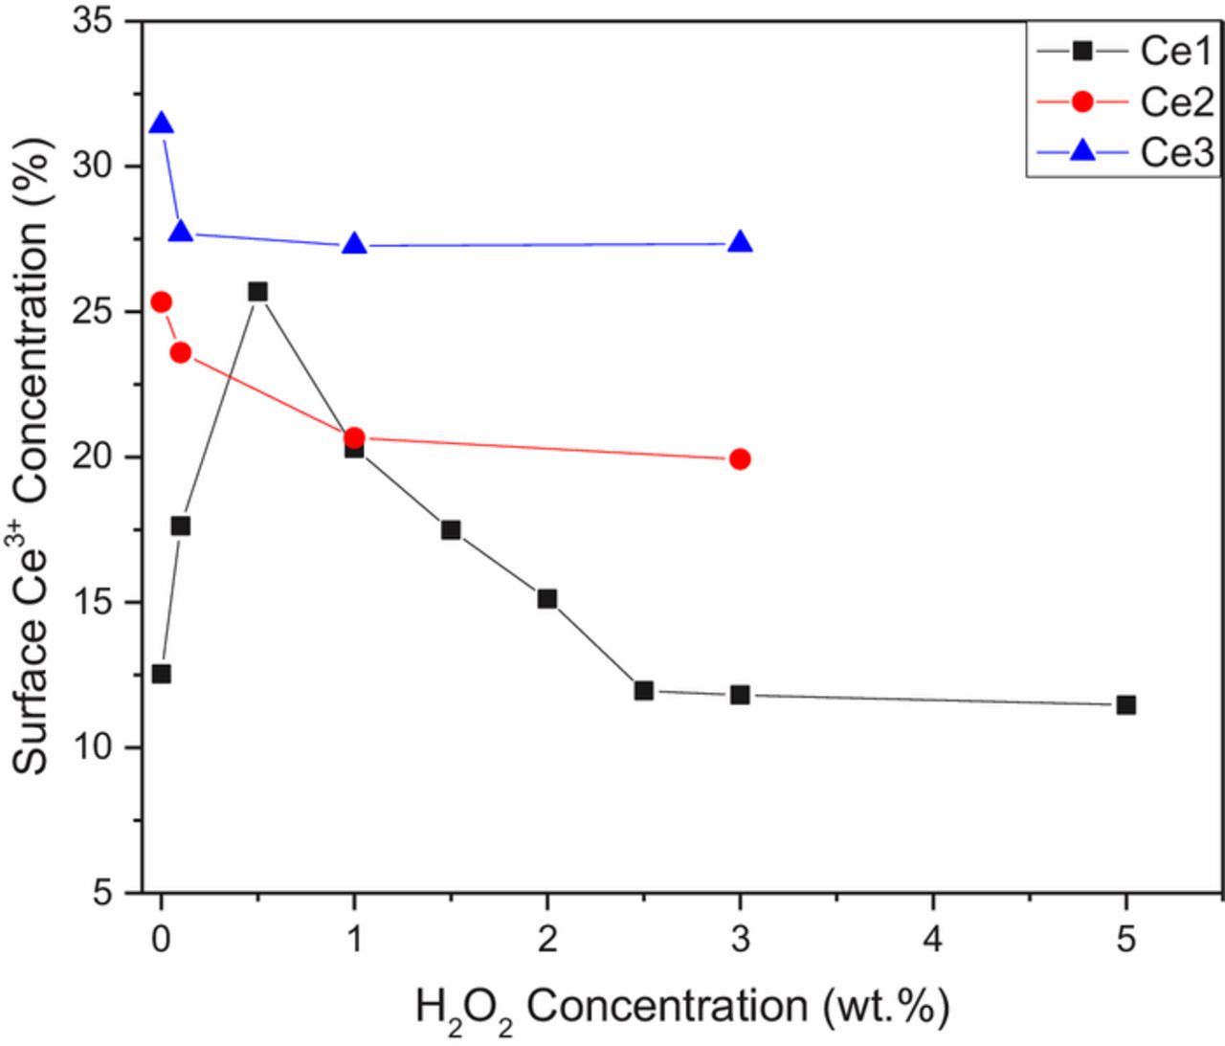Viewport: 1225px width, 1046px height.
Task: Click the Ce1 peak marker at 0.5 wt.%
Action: (x=257, y=292)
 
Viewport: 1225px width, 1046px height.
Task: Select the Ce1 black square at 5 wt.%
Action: (x=1125, y=705)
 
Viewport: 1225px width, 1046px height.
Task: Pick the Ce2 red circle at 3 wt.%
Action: (x=740, y=459)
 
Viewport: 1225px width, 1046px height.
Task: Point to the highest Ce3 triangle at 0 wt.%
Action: (x=162, y=124)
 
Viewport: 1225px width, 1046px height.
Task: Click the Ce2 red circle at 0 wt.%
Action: (x=162, y=302)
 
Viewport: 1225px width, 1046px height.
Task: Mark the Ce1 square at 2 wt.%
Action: (x=547, y=599)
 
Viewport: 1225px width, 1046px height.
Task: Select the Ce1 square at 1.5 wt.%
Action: (x=451, y=530)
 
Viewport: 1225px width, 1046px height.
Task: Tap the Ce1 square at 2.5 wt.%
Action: (x=644, y=690)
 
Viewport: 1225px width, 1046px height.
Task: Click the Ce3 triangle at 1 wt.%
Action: (x=355, y=245)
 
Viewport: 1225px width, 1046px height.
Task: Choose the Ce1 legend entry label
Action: (x=1176, y=52)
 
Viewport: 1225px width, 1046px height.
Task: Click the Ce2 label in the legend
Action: (x=1176, y=101)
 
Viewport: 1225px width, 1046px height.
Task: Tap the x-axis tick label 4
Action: (x=933, y=940)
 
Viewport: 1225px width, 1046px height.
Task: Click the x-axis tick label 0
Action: (x=162, y=940)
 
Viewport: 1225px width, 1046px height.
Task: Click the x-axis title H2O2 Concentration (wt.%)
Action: (x=681, y=1008)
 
